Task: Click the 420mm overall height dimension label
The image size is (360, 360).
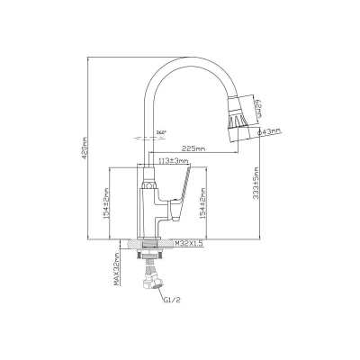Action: click(85, 148)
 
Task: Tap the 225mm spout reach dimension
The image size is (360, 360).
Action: click(194, 148)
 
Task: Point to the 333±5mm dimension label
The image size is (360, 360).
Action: click(256, 184)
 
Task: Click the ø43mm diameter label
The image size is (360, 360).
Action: click(271, 131)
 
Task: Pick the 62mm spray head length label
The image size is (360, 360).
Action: click(258, 109)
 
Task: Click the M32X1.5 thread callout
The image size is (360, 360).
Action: click(189, 243)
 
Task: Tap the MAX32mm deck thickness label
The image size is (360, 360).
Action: click(116, 269)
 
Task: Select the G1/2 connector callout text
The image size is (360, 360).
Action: click(172, 300)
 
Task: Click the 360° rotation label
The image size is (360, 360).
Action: click(161, 131)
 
